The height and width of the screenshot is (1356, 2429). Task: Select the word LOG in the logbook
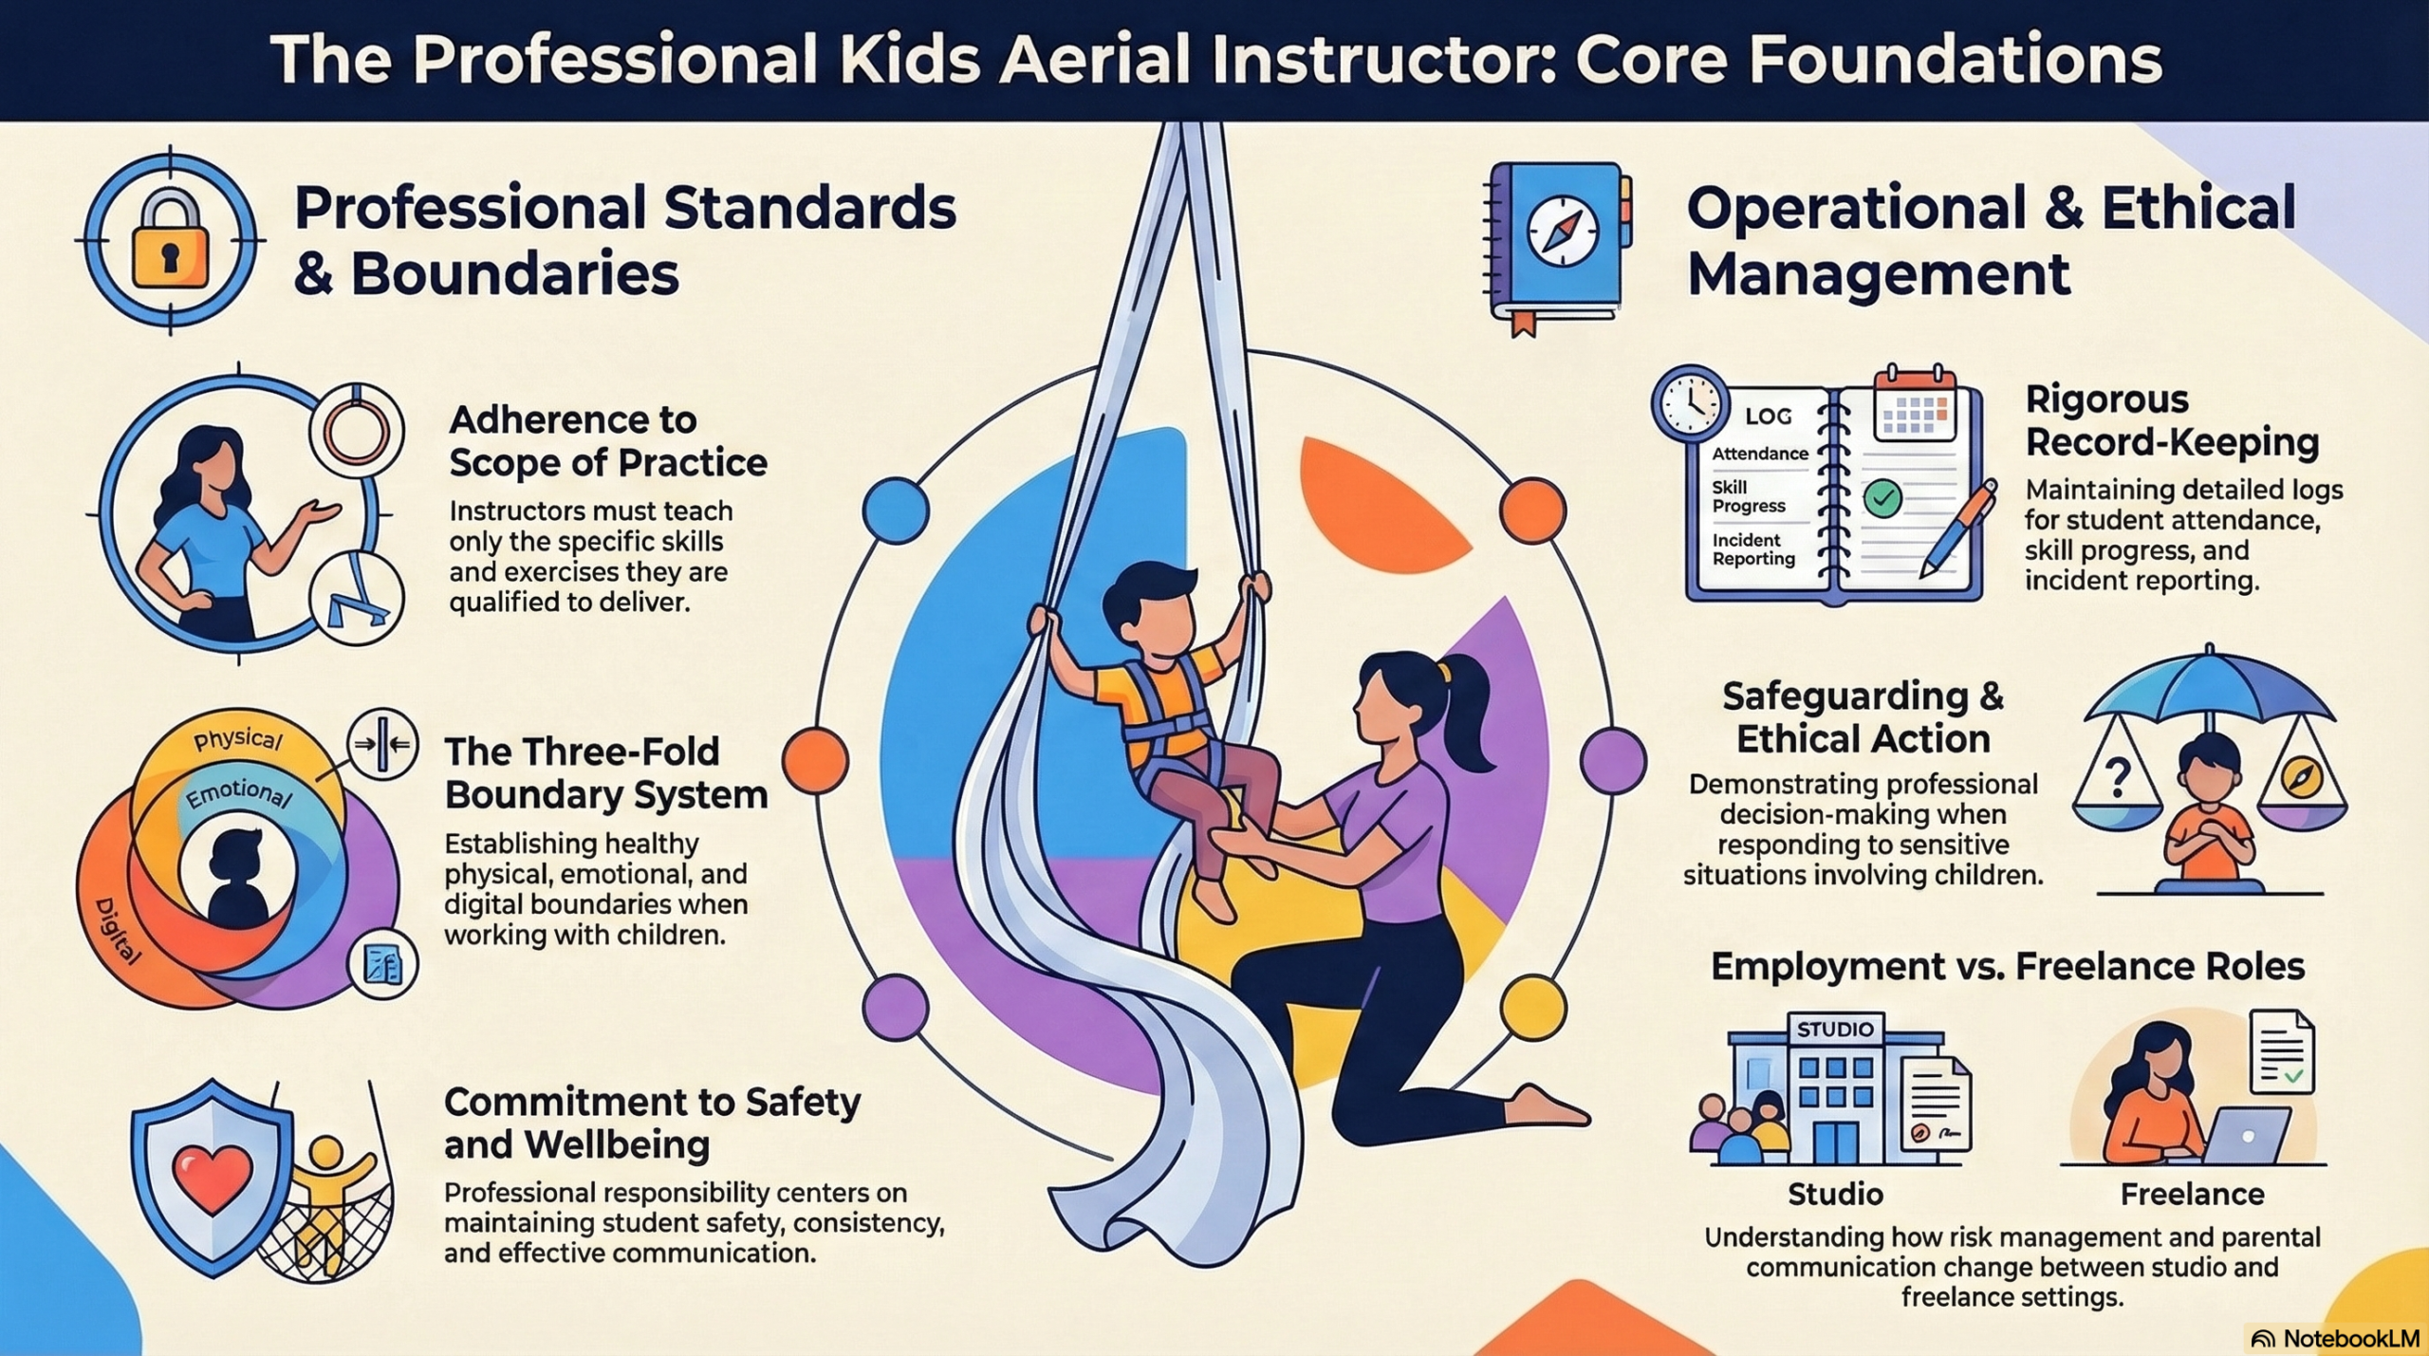coord(1769,416)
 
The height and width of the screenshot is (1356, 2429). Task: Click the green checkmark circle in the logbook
coord(1882,497)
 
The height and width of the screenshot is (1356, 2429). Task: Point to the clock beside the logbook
coord(1691,403)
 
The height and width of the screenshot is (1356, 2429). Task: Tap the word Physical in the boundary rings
coord(237,739)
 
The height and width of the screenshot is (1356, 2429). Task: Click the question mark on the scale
coord(2118,777)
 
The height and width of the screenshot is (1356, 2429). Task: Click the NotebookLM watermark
coord(2335,1338)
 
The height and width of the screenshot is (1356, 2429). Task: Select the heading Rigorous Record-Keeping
coord(2172,420)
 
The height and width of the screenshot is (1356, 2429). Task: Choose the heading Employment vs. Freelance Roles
coord(2007,966)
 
